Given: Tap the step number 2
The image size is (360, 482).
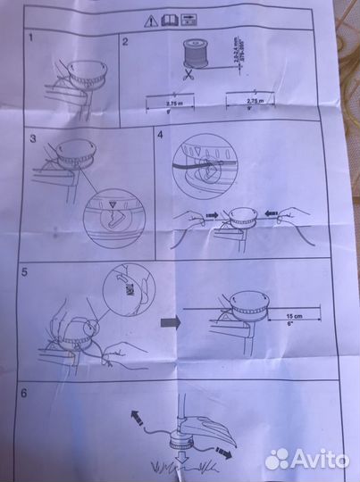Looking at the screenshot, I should (x=126, y=42).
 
